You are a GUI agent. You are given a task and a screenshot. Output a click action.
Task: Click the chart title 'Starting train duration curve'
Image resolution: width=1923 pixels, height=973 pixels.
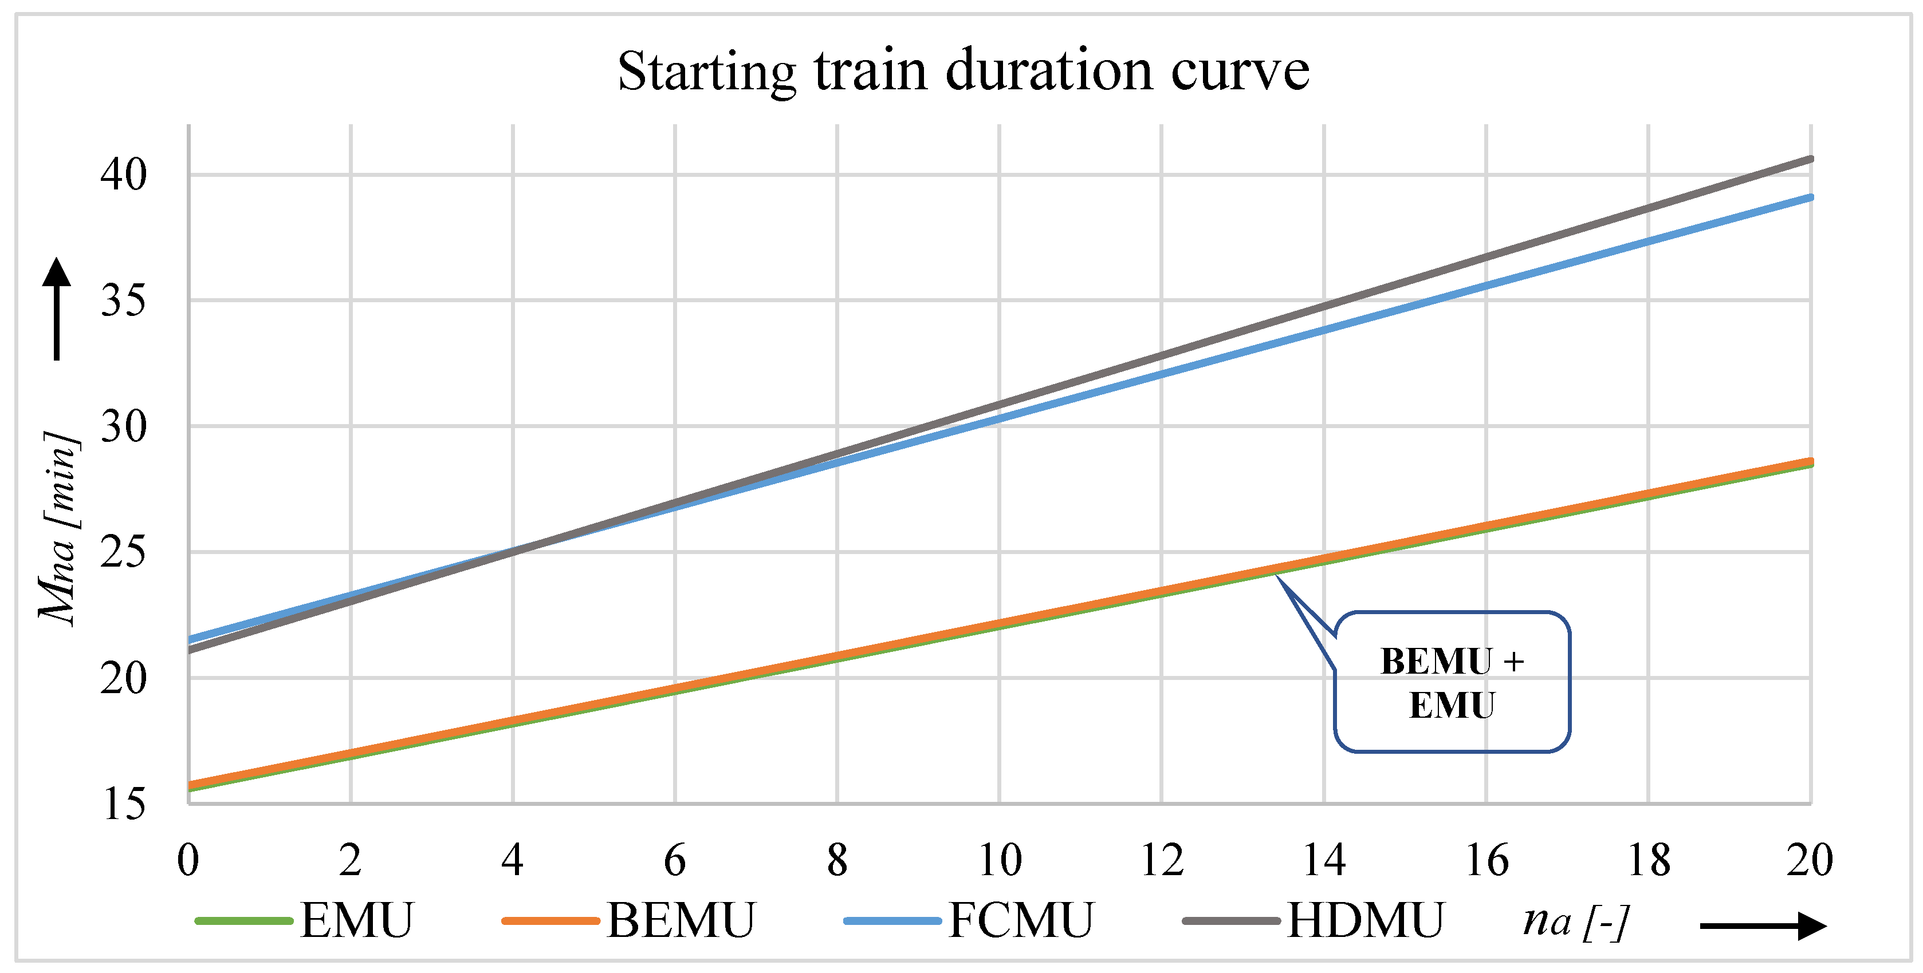click(963, 72)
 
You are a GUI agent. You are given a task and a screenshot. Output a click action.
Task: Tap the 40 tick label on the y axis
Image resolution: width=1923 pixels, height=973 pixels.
click(124, 175)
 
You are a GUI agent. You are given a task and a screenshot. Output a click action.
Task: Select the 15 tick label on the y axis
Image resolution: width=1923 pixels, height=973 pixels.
click(124, 804)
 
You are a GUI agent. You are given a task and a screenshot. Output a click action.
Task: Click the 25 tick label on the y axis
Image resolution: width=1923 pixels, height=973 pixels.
click(124, 553)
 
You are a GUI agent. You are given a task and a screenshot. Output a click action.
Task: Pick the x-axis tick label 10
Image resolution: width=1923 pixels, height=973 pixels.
click(1000, 860)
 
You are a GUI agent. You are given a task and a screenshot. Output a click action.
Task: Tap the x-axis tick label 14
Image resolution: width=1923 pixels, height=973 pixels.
click(1324, 860)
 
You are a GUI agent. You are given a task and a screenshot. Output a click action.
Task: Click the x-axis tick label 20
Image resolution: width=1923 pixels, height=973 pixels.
click(1810, 860)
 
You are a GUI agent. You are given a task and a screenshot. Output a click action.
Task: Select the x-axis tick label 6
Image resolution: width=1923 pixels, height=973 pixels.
click(675, 860)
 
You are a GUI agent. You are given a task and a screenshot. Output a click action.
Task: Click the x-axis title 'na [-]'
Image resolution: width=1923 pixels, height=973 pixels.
click(1576, 921)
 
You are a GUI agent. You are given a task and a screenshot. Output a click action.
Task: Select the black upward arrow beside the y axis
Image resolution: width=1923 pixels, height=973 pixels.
click(57, 308)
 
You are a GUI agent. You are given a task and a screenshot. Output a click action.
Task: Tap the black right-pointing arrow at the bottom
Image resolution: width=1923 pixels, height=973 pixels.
click(1763, 926)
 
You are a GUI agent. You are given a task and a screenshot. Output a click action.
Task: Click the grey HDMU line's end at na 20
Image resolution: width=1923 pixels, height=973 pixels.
click(1810, 159)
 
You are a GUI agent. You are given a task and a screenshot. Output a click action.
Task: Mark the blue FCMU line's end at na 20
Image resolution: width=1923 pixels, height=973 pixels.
click(1810, 197)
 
